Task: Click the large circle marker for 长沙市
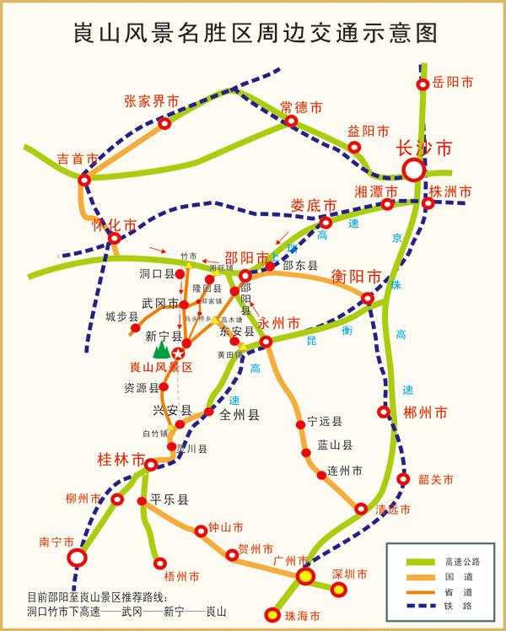(413, 170)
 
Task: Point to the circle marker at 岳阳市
(423, 84)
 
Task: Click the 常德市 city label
(302, 107)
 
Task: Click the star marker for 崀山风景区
(178, 354)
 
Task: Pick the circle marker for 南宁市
(77, 558)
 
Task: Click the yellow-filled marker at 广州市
(305, 576)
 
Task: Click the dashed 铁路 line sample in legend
(412, 605)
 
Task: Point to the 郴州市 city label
(424, 413)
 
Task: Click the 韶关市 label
(436, 480)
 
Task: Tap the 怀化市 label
(114, 225)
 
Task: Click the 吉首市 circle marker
(84, 179)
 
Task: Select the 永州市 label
(279, 323)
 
